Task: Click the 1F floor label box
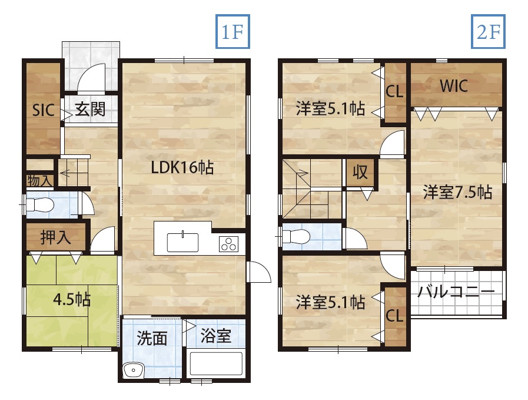[233, 31]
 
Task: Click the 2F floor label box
[488, 31]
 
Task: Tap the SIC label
[44, 110]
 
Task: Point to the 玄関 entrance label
[90, 109]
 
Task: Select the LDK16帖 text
[182, 167]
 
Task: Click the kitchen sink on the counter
[182, 242]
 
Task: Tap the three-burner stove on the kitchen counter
[228, 244]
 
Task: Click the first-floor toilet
[40, 204]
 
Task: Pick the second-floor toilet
[296, 236]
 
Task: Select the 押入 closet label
[55, 237]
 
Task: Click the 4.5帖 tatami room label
[72, 299]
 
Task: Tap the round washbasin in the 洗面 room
[134, 371]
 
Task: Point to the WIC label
[454, 86]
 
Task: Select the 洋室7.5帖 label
[457, 192]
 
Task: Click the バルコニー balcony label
[456, 292]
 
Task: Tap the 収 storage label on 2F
[360, 172]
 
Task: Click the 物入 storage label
[40, 181]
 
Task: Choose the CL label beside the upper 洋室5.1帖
[394, 91]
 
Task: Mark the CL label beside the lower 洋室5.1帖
[394, 316]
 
